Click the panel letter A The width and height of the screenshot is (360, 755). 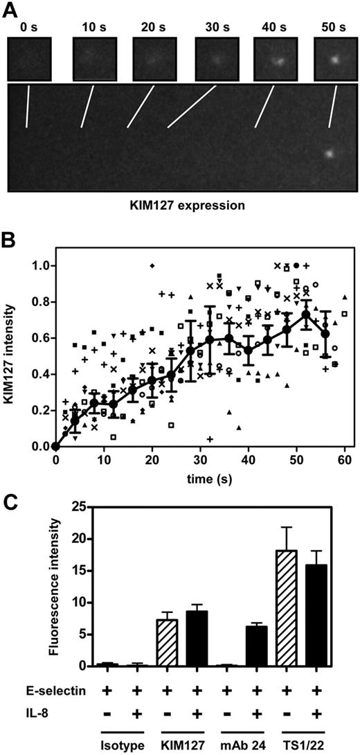pos(13,12)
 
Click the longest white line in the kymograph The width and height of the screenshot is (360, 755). pos(192,107)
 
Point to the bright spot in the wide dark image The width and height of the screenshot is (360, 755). pos(330,153)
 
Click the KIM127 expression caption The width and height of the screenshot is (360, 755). pos(180,206)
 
